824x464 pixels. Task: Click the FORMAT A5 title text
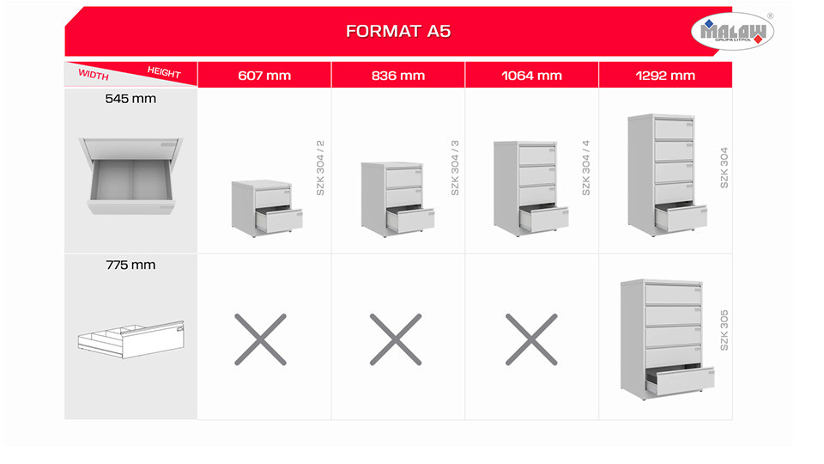(x=397, y=31)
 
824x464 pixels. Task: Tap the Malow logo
(x=732, y=31)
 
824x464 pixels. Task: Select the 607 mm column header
(x=264, y=76)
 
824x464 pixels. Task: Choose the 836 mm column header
(x=397, y=76)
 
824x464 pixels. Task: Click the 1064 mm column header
(x=531, y=76)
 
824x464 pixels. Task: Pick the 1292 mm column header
(x=664, y=76)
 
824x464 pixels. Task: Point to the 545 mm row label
(x=130, y=98)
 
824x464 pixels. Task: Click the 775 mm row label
(x=130, y=265)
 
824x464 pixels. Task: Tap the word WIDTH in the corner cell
(x=94, y=75)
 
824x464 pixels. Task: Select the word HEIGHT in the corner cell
(x=164, y=72)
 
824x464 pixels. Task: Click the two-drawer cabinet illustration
(x=267, y=208)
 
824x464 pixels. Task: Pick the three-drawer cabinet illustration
(x=397, y=199)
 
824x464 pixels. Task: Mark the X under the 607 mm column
(x=261, y=339)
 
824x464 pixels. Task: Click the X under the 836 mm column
(x=396, y=339)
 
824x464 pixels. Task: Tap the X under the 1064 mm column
(x=531, y=339)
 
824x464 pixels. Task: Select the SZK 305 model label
(x=724, y=330)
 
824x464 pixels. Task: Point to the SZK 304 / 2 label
(x=320, y=168)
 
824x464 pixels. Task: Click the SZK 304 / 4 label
(x=586, y=168)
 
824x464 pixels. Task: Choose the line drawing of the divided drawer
(x=130, y=339)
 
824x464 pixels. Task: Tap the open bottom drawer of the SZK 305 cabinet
(x=680, y=381)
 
